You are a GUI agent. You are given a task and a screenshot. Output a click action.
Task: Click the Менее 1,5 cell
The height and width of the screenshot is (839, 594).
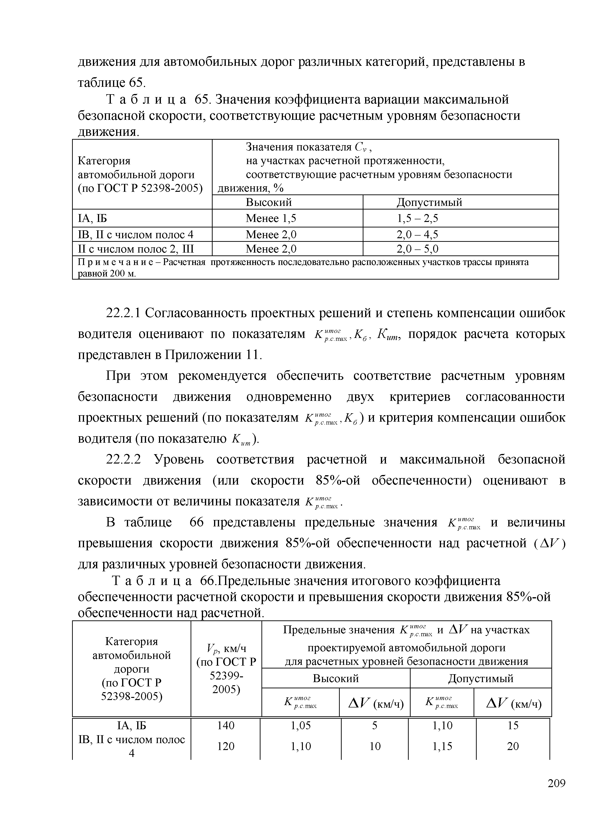tap(271, 218)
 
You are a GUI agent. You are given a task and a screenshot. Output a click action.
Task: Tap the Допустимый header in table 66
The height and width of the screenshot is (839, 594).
tap(481, 679)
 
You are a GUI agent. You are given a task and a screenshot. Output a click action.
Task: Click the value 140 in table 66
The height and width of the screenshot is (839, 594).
tap(226, 725)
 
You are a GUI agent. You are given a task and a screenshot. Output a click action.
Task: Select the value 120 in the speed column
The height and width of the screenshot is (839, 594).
tap(226, 746)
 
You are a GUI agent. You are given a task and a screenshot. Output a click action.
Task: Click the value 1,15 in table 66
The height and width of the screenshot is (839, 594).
tap(442, 746)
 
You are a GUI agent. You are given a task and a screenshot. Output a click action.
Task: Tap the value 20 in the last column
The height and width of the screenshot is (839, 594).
tap(513, 746)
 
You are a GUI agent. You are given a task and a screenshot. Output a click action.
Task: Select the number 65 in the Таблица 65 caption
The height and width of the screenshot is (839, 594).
tap(201, 99)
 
